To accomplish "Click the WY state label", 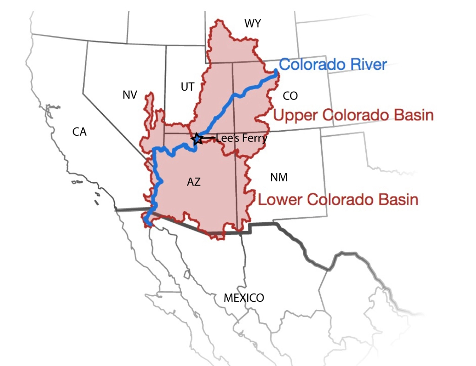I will click(x=253, y=23).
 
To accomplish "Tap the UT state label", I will click(x=187, y=87).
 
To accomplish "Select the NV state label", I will click(x=130, y=95).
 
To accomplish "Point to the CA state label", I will click(x=79, y=132).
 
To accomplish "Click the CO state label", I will click(x=290, y=96).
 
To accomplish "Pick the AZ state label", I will click(x=194, y=182).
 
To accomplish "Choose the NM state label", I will click(x=279, y=177).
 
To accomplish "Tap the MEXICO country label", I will click(x=244, y=298).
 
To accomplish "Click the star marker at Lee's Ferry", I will click(x=197, y=138).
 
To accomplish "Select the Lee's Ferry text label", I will click(x=242, y=138).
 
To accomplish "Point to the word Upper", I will click(x=293, y=115).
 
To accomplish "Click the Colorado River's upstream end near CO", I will click(x=276, y=72).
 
